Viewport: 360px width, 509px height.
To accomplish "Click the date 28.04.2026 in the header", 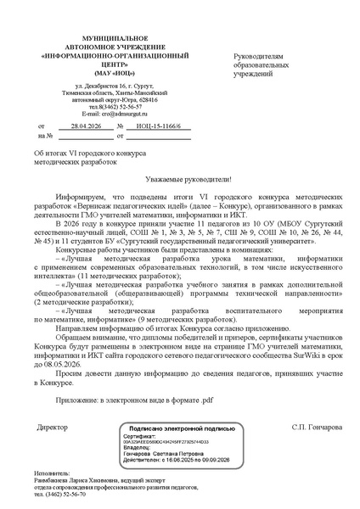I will pyautogui.click(x=87, y=125).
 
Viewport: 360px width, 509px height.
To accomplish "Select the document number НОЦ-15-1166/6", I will pyautogui.click(x=154, y=125).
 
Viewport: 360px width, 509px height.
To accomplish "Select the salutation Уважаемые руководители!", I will pyautogui.click(x=183, y=180).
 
